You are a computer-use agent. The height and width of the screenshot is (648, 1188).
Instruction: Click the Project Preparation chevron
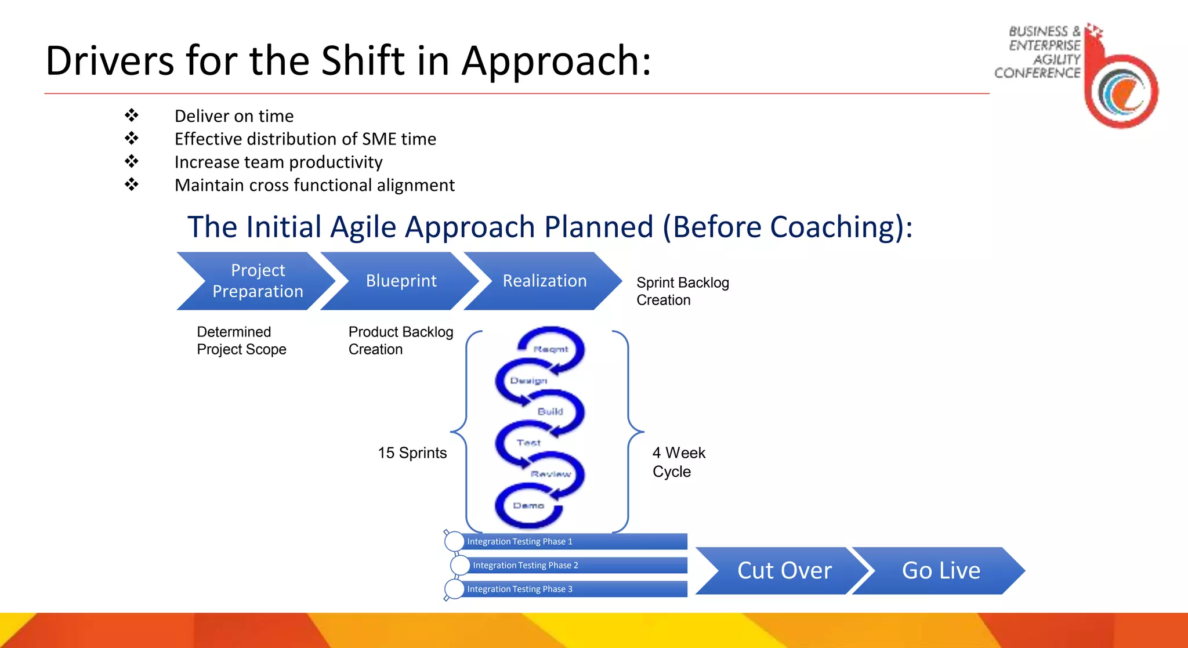258,281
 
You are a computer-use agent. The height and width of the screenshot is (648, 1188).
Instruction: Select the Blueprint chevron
401,281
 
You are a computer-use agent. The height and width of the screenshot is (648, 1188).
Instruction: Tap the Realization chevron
544,281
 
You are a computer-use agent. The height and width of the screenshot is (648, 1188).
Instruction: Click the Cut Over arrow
784,571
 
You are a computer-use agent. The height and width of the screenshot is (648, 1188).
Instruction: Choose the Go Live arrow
940,571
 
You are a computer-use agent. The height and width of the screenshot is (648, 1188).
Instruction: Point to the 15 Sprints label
412,453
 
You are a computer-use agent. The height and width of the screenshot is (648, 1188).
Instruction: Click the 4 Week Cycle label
678,462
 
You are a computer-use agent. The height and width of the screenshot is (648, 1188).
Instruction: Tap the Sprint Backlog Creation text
682,291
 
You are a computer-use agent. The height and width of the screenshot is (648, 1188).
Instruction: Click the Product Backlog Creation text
400,341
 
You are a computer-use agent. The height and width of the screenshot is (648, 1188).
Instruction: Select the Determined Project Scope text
241,341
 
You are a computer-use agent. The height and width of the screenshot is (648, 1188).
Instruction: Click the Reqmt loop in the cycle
551,349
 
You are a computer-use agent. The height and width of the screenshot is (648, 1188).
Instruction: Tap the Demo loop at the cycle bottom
528,506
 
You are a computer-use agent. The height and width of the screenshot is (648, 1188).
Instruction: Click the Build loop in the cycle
550,411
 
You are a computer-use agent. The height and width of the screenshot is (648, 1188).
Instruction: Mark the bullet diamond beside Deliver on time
132,115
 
